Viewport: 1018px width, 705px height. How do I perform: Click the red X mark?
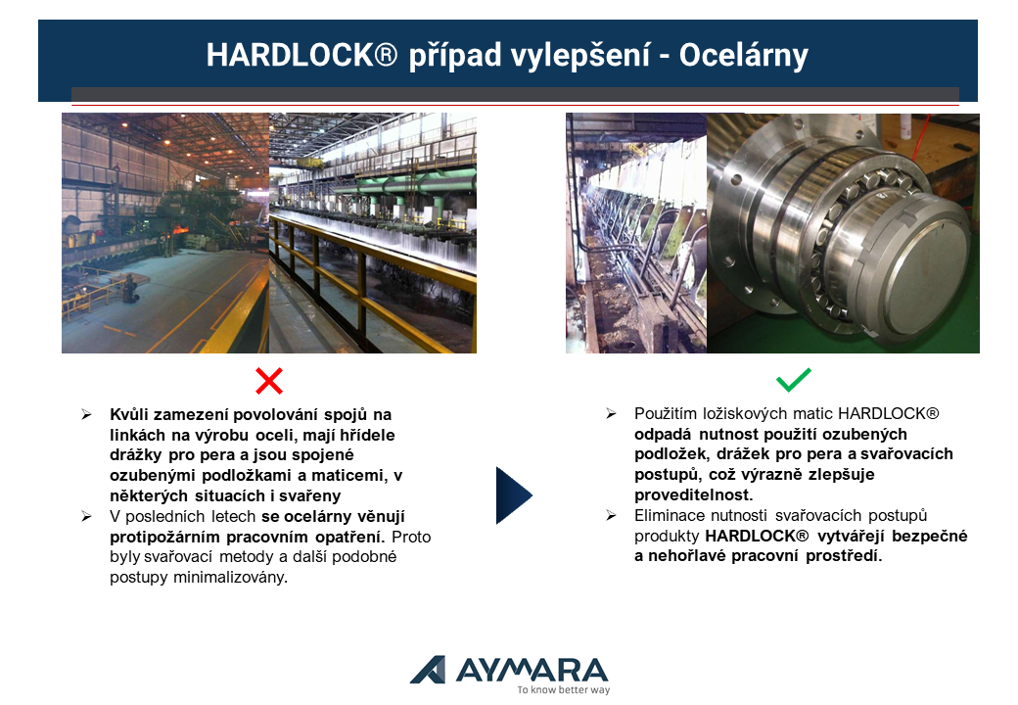tap(269, 381)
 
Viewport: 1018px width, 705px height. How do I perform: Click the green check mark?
tap(794, 380)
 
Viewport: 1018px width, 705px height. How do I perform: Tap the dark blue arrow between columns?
tap(514, 494)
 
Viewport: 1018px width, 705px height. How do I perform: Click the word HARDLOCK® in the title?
tap(301, 55)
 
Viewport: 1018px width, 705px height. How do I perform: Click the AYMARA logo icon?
tap(428, 670)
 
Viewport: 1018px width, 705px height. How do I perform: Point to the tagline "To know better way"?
tap(564, 689)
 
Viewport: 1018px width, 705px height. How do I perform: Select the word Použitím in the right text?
tap(663, 414)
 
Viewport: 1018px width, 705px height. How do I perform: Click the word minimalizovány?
tap(230, 577)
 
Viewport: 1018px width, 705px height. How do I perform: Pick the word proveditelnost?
tap(693, 494)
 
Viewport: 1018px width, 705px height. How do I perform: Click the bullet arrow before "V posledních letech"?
tap(86, 517)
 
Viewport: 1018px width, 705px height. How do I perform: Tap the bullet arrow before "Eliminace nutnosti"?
tap(611, 515)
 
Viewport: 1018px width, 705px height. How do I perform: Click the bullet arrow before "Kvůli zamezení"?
tap(86, 415)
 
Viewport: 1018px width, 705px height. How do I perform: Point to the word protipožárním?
tap(165, 538)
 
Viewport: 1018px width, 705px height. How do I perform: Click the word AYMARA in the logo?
tap(532, 670)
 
